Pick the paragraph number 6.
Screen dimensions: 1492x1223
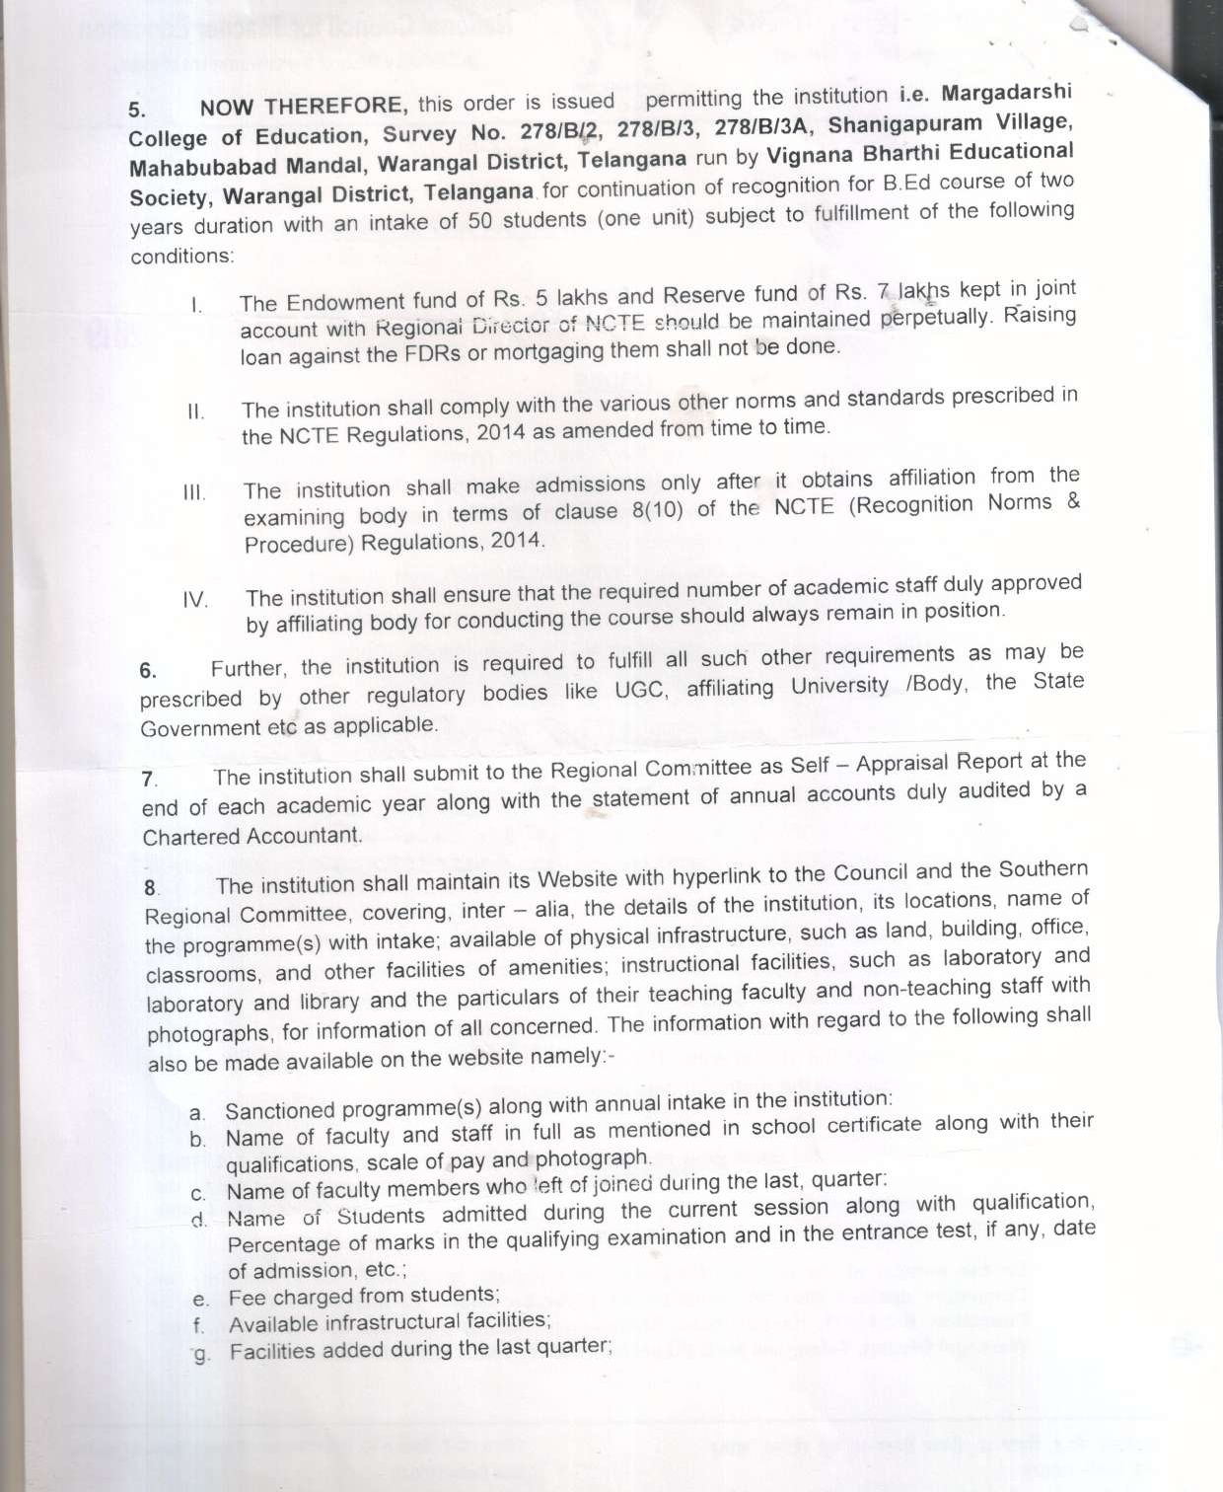pos(147,671)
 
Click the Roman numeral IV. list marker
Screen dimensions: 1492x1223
pos(195,600)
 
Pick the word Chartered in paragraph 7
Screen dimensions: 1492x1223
pos(191,837)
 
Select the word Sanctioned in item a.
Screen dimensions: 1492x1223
pos(281,1110)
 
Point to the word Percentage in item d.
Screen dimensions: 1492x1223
pos(284,1243)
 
